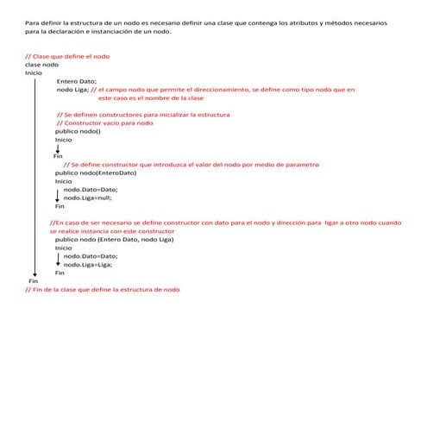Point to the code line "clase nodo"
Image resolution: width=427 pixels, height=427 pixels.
click(41, 65)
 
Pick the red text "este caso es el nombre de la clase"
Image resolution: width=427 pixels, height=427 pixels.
click(139, 97)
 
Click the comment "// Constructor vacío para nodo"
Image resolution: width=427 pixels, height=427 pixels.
click(104, 122)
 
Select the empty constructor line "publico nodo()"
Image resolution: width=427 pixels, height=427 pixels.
click(78, 131)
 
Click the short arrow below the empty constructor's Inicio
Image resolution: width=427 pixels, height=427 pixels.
click(58, 148)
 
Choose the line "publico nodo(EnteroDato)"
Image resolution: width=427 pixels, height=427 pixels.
click(96, 173)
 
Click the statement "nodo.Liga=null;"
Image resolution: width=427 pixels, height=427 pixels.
click(87, 198)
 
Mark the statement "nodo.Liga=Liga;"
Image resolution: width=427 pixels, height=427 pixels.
click(87, 265)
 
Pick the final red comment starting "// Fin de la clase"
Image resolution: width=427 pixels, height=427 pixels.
click(104, 290)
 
